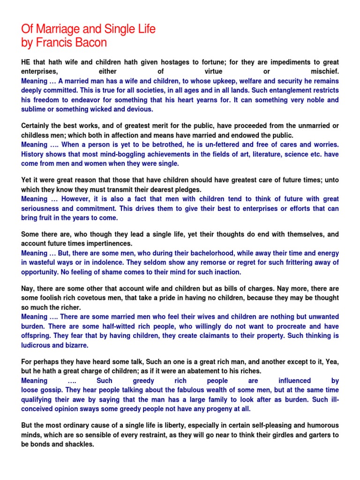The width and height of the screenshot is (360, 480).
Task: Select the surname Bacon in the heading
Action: click(94, 43)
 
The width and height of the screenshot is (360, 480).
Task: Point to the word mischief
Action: click(325, 71)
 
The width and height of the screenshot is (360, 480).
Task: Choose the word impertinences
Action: click(106, 244)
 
